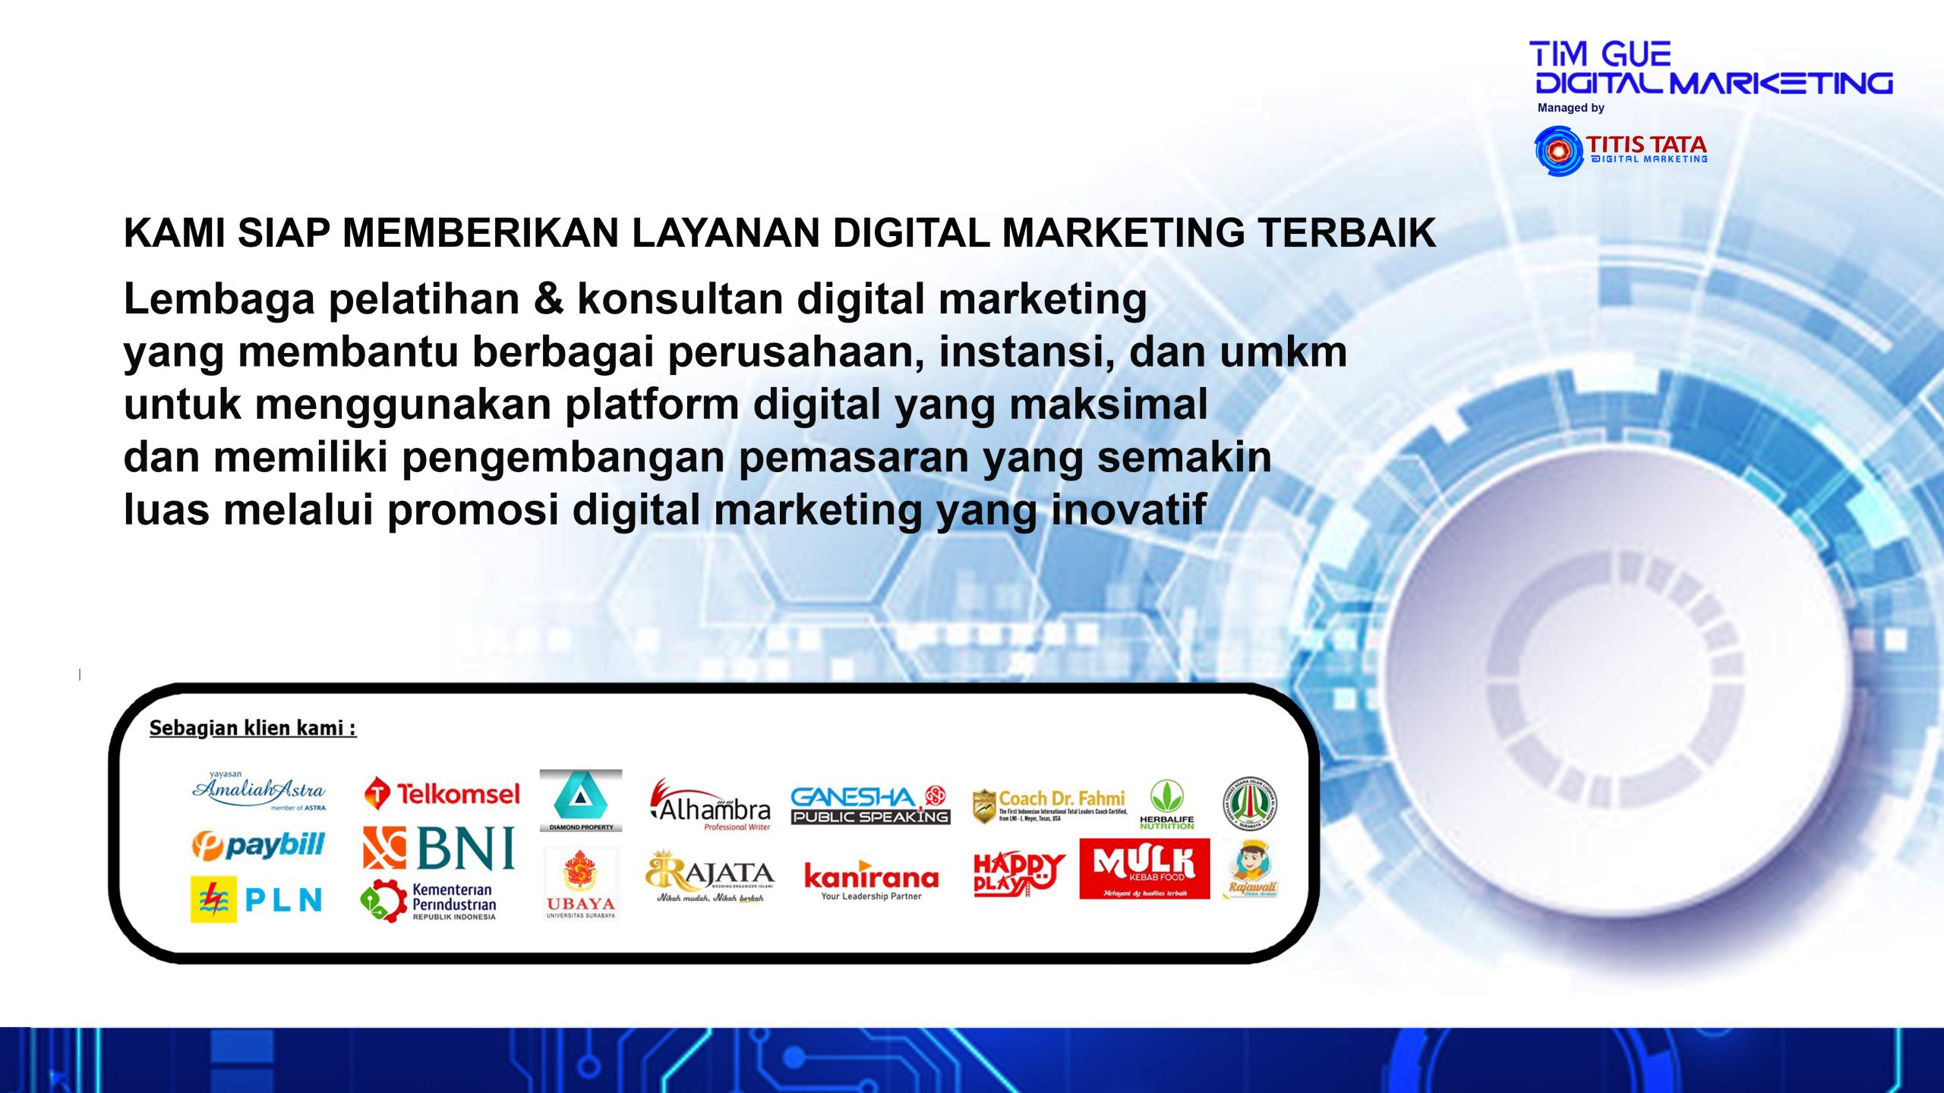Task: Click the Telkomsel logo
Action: click(443, 794)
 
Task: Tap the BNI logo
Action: click(440, 848)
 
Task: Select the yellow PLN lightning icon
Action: click(213, 899)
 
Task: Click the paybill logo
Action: click(258, 845)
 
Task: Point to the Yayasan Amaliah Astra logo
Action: click(259, 791)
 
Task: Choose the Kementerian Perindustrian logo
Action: click(429, 901)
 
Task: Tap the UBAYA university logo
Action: click(581, 884)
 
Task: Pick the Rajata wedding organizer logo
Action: click(710, 877)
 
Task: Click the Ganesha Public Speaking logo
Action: click(870, 805)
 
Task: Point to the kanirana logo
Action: click(871, 880)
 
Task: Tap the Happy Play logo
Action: click(1018, 874)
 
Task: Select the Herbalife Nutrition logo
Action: click(1166, 805)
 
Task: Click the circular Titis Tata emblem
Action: click(1558, 151)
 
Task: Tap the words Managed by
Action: click(1570, 108)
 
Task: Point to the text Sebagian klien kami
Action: click(252, 728)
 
